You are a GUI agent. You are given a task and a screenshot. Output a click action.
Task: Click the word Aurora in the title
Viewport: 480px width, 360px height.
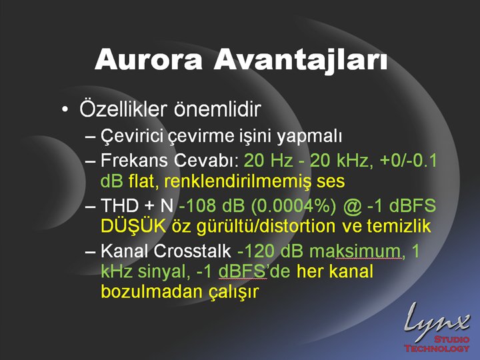coord(149,59)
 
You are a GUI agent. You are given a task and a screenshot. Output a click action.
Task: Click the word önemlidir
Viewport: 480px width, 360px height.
coord(217,109)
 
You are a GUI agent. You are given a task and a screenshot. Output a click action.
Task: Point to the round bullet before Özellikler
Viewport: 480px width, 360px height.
coord(65,109)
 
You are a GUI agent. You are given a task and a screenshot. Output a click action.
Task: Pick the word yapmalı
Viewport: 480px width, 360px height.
coord(309,137)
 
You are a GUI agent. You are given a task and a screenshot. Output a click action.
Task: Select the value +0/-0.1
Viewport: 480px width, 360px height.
coord(409,160)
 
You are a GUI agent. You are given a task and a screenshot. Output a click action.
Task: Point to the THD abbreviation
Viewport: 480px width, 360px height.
coord(120,205)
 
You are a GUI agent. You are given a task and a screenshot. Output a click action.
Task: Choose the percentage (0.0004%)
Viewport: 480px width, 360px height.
coord(293,205)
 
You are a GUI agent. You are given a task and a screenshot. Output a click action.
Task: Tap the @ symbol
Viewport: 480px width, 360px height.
coord(353,206)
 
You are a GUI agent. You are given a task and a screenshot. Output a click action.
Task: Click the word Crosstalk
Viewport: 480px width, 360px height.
coord(192,251)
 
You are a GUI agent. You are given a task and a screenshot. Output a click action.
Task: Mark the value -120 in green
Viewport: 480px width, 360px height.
coord(255,251)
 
